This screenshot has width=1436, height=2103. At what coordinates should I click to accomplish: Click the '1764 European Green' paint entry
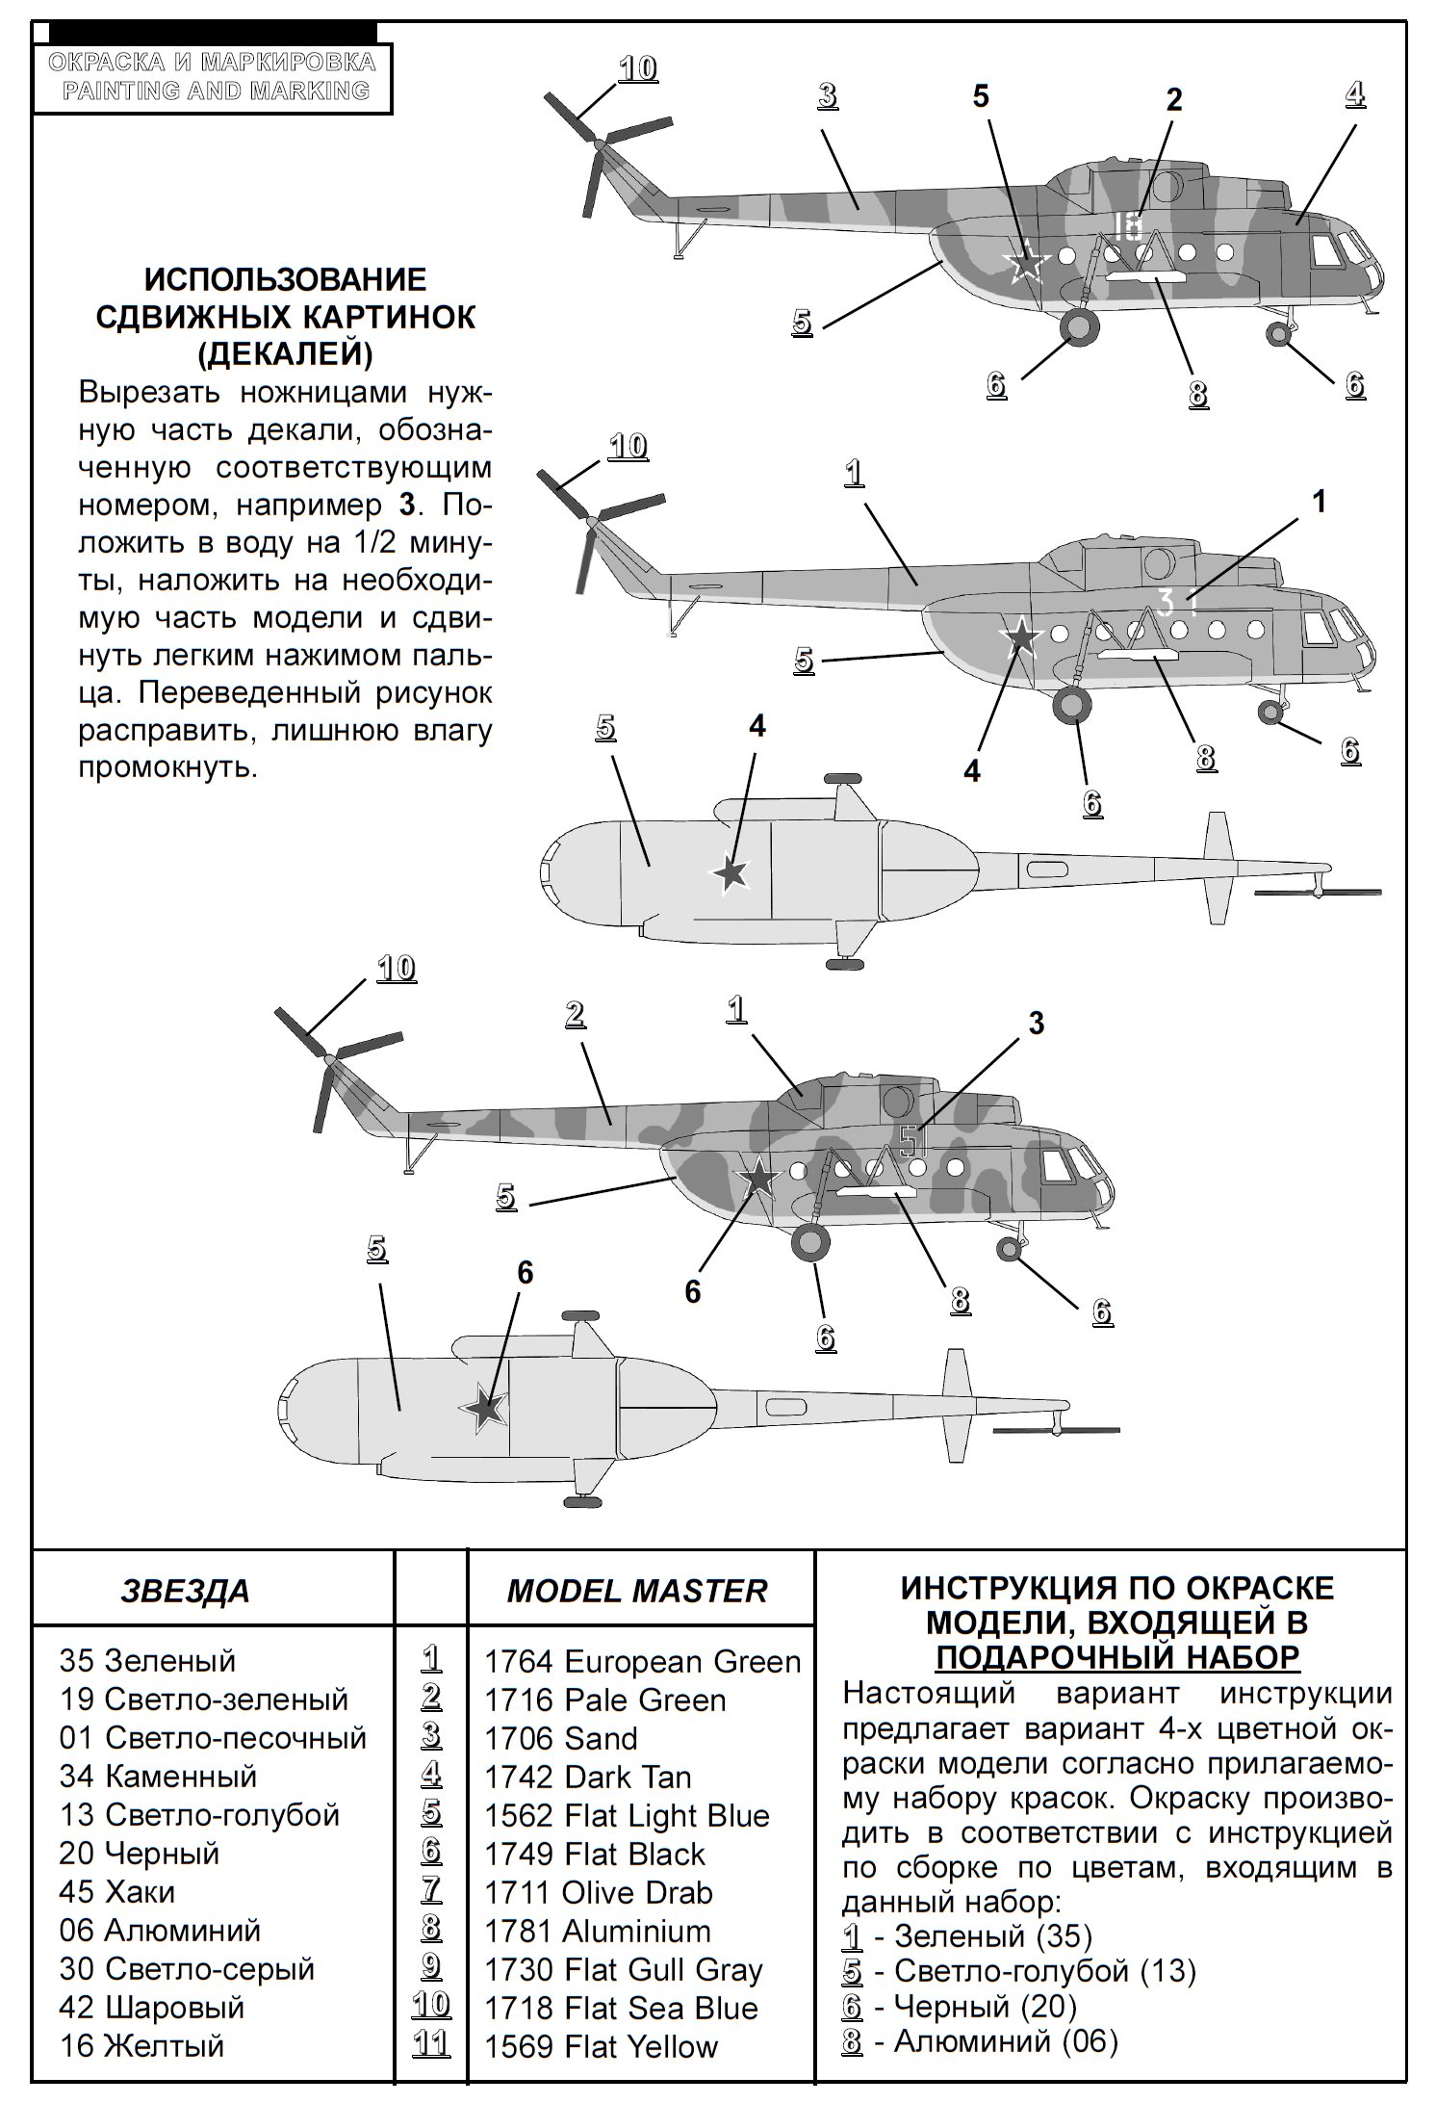[641, 1661]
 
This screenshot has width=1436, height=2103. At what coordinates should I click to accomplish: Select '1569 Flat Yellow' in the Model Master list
[601, 2046]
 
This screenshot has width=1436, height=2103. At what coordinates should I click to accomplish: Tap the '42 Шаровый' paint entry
[151, 2008]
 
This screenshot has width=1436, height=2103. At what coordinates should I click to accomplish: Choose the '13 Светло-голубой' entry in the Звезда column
[199, 1815]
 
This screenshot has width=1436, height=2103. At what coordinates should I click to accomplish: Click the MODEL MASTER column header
[637, 1592]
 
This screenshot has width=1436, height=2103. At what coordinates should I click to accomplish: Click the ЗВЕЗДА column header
[185, 1592]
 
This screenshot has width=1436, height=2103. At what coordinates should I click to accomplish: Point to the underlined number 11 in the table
[430, 2043]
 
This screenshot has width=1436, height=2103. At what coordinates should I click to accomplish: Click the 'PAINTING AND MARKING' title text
[216, 91]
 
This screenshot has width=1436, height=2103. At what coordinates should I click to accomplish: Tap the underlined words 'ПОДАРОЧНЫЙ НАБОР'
[1117, 1657]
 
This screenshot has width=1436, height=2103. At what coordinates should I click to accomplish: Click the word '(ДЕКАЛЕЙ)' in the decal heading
[286, 354]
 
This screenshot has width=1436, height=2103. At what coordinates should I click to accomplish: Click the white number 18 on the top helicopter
[1127, 226]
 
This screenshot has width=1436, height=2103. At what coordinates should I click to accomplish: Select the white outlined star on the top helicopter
[1026, 261]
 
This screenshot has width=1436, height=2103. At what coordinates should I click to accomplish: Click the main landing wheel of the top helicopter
[1079, 328]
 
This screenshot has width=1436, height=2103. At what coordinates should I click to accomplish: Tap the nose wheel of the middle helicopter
[1270, 713]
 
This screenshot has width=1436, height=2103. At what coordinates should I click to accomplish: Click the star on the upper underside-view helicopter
[731, 873]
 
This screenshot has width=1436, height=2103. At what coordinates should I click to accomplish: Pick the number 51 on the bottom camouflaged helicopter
[913, 1142]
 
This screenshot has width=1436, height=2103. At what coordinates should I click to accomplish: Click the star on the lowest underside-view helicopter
[483, 1409]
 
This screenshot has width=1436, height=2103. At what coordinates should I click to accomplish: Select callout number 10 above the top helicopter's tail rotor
[637, 69]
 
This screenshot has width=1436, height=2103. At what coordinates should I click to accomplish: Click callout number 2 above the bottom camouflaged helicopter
[575, 1014]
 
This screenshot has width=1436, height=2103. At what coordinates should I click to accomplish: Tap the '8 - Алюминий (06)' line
[980, 2040]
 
